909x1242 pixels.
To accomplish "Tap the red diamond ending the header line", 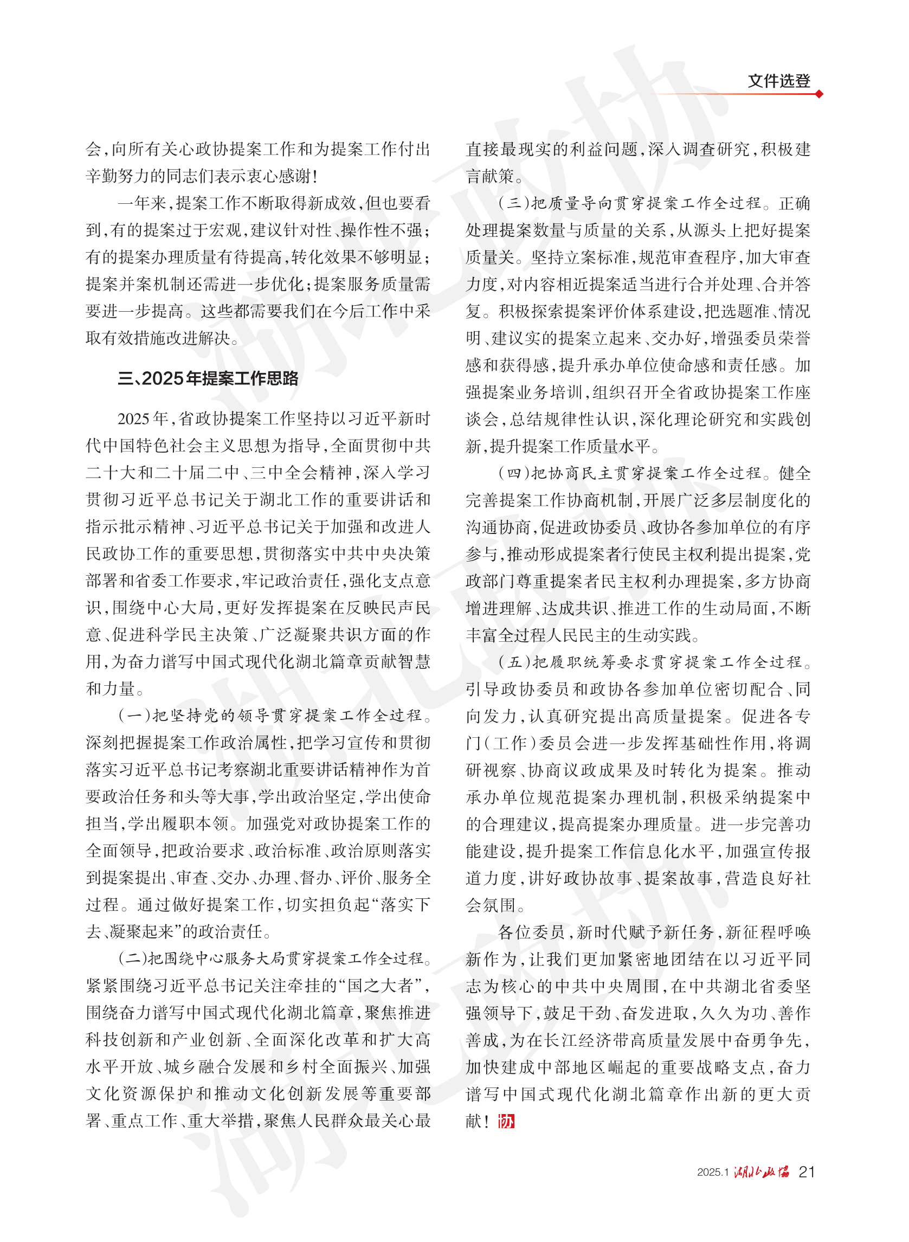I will pos(819,94).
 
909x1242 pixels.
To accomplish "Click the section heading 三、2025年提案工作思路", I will pos(208,378).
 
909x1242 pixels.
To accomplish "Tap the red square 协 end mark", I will pos(506,1121).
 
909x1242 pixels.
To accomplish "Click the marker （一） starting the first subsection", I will pos(134,716).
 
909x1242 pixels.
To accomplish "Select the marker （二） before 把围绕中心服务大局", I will pos(134,958).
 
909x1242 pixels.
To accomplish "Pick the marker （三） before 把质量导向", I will pos(513,204).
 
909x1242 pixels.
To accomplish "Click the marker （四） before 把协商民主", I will pos(513,473).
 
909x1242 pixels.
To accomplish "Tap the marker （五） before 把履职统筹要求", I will pos(513,662).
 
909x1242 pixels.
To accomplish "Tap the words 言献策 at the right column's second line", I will pos(489,177).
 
